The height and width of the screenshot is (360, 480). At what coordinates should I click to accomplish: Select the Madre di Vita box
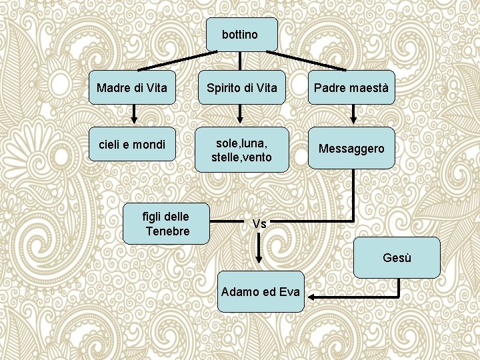click(132, 87)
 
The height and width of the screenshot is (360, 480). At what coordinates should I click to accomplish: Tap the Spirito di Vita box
click(241, 87)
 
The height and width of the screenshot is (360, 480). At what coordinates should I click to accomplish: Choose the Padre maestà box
click(351, 87)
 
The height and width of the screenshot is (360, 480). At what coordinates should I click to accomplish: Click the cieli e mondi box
click(132, 144)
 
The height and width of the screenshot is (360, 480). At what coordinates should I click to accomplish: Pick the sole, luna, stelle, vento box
click(241, 148)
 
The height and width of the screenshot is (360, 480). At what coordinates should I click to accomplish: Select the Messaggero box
click(351, 148)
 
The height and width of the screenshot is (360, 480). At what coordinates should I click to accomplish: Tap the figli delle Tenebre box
click(167, 223)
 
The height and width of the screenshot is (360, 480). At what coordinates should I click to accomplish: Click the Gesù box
click(397, 257)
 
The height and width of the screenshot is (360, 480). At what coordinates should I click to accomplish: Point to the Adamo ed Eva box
click(261, 291)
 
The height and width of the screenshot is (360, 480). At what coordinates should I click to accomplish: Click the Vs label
click(260, 224)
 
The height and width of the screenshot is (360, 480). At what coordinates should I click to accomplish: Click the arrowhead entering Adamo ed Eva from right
click(312, 297)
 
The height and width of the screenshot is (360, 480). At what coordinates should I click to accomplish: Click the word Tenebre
click(167, 231)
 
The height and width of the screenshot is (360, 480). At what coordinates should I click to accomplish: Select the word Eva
click(290, 291)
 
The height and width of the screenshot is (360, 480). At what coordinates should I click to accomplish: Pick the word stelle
click(227, 157)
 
